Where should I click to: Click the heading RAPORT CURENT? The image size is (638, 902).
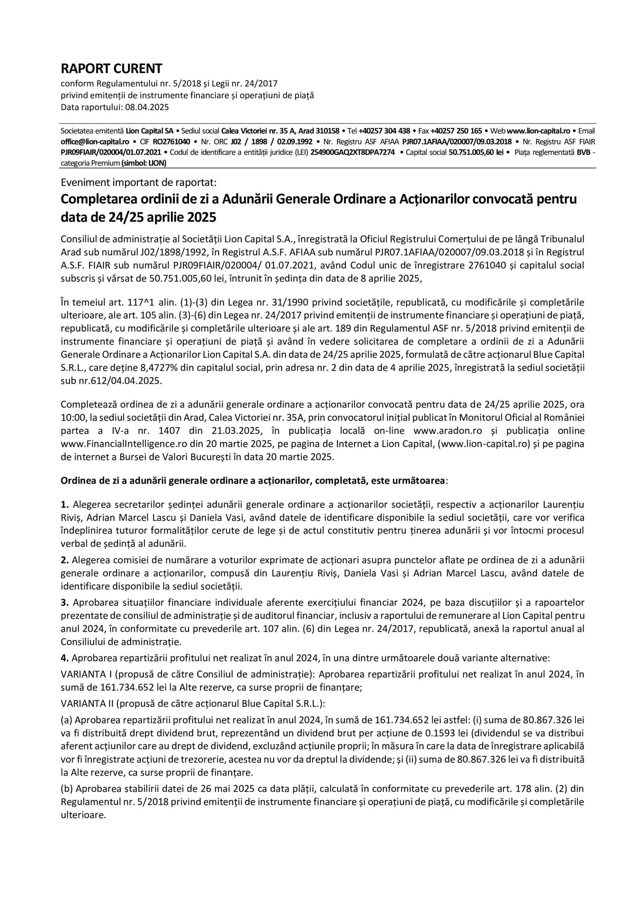pos(111,69)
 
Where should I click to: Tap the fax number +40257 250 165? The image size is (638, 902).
pos(456,131)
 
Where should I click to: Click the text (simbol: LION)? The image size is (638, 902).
pos(144,163)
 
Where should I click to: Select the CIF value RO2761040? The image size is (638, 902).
pos(171,142)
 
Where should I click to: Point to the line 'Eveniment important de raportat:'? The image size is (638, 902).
pos(138,182)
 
